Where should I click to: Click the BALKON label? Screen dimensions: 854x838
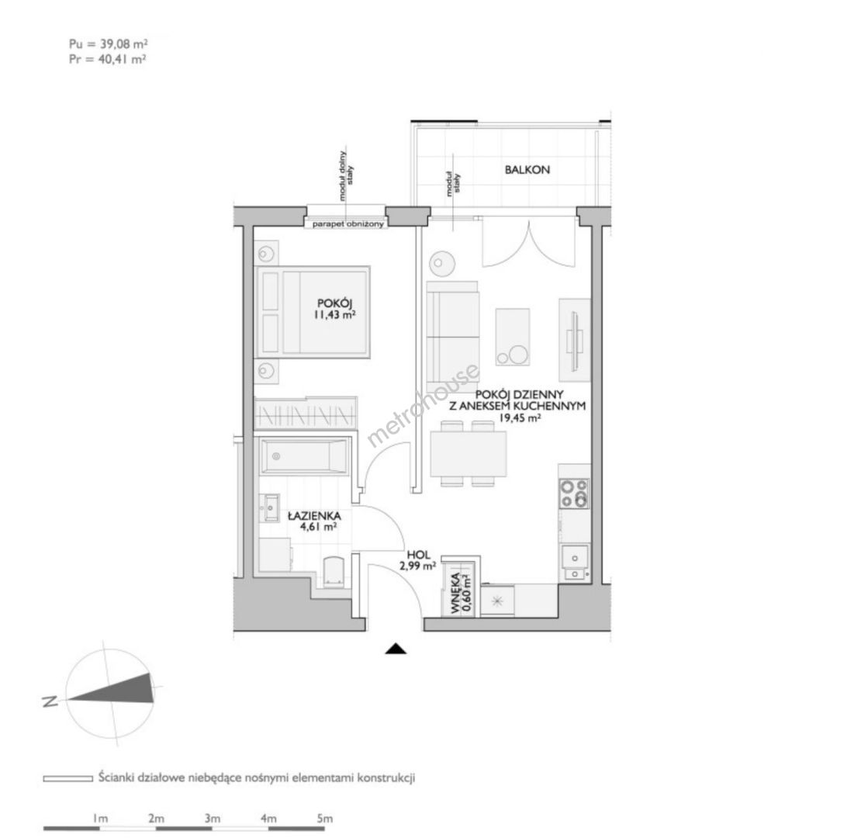527,169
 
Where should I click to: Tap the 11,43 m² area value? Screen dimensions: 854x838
334,314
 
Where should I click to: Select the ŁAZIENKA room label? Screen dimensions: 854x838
314,515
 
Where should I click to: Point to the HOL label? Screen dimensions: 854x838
418,555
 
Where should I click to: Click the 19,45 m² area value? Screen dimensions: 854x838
520,418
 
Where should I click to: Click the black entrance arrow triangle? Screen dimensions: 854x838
396,649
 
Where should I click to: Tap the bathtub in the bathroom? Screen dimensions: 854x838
304,456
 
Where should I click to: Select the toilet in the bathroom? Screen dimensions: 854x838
334,572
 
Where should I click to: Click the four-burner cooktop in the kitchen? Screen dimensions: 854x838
575,493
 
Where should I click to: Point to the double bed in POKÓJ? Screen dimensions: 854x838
313,312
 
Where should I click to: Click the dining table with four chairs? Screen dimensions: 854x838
468,453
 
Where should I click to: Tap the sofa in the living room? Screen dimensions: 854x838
453,331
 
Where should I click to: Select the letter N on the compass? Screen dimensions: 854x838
50,701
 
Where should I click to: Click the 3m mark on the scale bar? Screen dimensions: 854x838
213,818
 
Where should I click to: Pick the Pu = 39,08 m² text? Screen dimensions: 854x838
109,43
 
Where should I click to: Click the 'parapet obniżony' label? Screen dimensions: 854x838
348,224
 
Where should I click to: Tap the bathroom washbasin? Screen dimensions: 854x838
269,508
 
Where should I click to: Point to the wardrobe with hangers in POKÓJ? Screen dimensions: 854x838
306,413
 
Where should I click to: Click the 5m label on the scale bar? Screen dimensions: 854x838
324,818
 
